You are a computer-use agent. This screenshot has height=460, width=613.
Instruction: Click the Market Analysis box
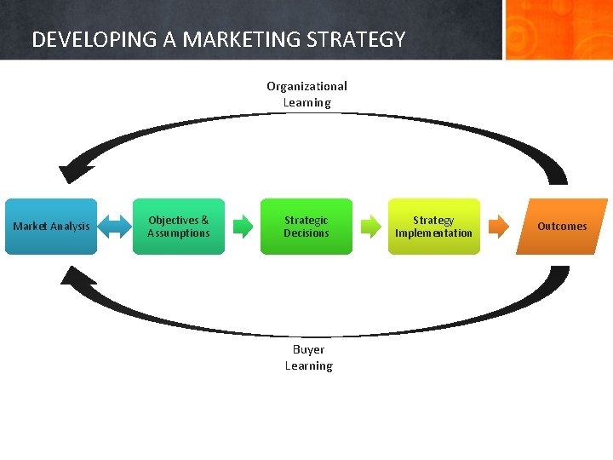[x=51, y=227]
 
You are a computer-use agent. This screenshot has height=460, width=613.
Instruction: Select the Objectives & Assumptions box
[x=179, y=227]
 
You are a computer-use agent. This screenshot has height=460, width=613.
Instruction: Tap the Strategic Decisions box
[x=306, y=227]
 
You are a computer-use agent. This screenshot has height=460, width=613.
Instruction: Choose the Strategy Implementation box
[x=433, y=227]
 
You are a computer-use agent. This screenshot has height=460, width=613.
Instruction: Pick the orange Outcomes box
[x=562, y=227]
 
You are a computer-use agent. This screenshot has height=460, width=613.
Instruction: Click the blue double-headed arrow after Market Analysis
[x=112, y=227]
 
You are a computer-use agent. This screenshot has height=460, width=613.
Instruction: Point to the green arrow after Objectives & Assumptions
[x=243, y=227]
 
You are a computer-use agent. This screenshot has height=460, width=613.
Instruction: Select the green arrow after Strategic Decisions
[x=371, y=227]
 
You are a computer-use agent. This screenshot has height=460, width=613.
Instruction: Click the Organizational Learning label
[x=307, y=94]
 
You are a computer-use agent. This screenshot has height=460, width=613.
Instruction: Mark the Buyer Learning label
[x=308, y=358]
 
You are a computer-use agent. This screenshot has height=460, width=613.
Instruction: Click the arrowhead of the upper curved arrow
[x=74, y=170]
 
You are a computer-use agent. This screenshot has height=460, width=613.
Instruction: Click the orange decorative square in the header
[x=558, y=30]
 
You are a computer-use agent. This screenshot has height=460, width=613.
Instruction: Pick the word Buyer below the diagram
[x=308, y=349]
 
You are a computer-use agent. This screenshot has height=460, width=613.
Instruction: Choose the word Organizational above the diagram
[x=307, y=86]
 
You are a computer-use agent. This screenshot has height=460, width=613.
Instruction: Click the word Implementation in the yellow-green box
[x=433, y=233]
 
